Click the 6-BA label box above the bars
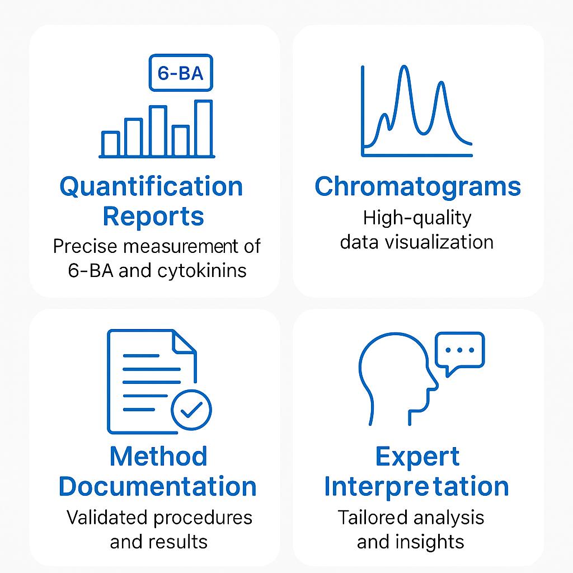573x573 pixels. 181,72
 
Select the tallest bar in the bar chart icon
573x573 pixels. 204,128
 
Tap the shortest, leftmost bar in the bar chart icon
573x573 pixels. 110,144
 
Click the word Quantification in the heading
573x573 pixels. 151,187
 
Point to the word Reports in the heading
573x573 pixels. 153,217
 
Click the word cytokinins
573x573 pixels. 202,271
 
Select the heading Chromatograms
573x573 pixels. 417,187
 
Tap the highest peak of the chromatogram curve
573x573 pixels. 404,67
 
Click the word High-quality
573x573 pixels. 417,219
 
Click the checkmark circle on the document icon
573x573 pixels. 191,410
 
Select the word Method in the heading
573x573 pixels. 158,457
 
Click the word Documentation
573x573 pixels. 157,486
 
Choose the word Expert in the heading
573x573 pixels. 417,457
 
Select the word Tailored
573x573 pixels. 372,518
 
